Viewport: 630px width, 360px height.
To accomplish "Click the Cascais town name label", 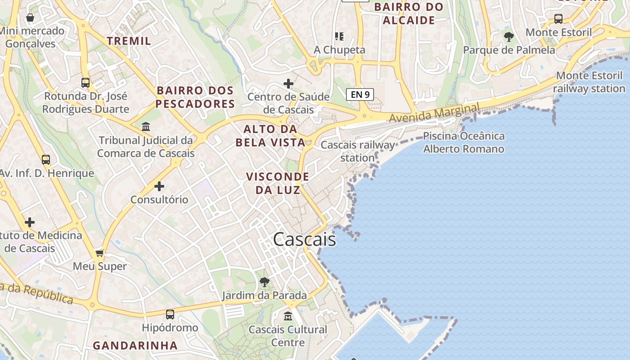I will [305, 239].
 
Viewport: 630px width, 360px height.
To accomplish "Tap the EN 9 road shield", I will [360, 94].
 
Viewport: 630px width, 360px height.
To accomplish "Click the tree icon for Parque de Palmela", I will [509, 36].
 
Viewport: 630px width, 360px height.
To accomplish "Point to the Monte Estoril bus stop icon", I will [558, 19].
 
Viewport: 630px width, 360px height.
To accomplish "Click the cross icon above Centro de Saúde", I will [288, 84].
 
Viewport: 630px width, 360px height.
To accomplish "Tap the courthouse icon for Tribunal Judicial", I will [146, 127].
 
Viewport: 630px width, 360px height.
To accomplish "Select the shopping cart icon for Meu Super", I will [100, 253].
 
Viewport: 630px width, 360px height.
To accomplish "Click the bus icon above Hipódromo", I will [170, 315].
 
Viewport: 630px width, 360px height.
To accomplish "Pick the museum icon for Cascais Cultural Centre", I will [288, 316].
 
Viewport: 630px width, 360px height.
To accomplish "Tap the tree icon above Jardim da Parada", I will [265, 282].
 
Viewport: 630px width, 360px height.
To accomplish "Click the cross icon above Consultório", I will [159, 186].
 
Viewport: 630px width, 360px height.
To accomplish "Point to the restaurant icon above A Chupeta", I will [339, 36].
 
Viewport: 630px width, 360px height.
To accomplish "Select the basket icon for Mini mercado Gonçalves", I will [30, 18].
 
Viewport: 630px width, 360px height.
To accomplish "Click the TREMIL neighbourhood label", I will [129, 41].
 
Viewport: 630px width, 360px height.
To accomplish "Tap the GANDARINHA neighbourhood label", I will [135, 346].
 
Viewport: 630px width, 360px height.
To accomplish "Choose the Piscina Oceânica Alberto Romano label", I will [463, 142].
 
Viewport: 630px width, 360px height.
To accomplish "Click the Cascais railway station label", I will [357, 151].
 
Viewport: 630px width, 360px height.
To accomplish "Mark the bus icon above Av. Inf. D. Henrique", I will [46, 160].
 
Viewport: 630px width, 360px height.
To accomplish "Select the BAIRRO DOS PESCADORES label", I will [195, 97].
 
